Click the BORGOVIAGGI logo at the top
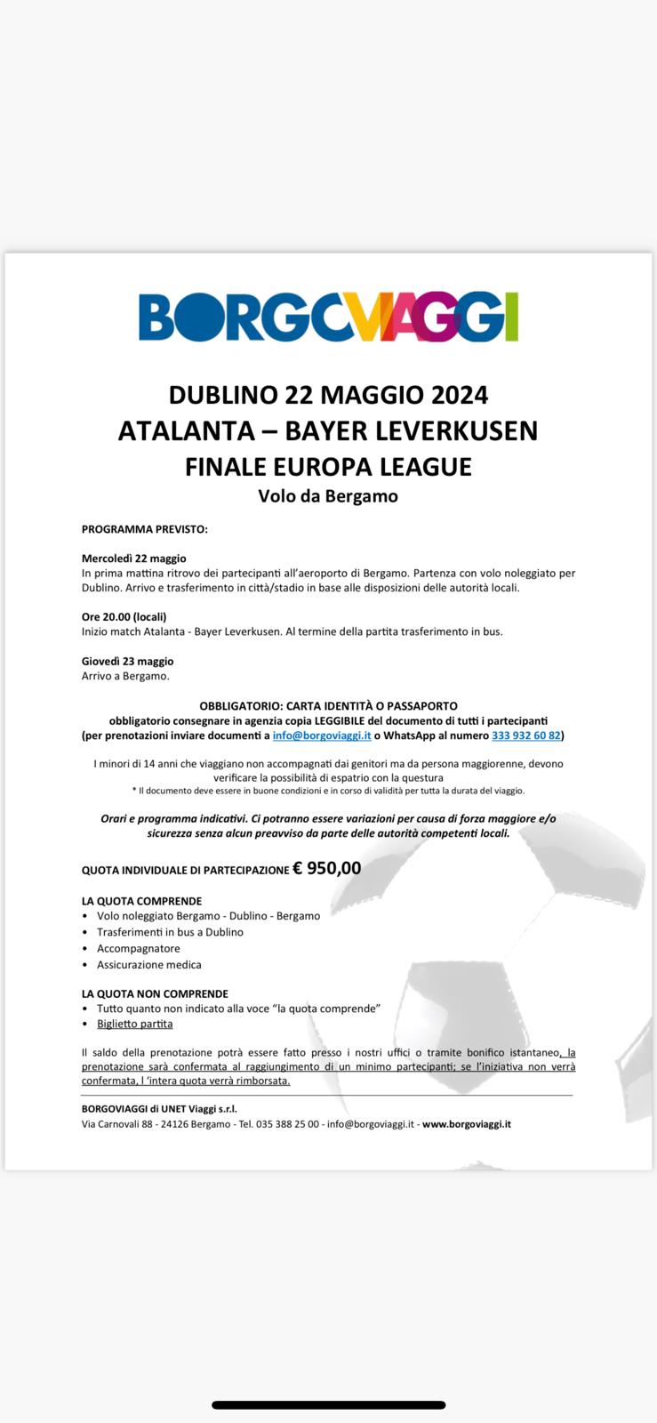[328, 317]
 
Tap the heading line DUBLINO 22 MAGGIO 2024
[328, 394]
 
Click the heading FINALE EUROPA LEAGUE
[328, 466]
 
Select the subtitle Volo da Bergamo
[328, 496]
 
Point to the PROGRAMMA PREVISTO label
[144, 529]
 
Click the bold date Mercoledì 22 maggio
[133, 559]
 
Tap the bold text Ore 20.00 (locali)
[124, 616]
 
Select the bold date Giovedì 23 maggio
[127, 661]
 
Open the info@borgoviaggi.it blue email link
[322, 736]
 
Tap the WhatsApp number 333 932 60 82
[525, 736]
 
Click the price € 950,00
[327, 868]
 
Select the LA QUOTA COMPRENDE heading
[141, 901]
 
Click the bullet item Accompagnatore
[139, 948]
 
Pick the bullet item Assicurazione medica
[149, 964]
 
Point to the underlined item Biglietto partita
[135, 1024]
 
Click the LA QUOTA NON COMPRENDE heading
[155, 993]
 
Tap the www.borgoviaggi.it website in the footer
[467, 1124]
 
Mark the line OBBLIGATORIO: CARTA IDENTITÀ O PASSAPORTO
[328, 705]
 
